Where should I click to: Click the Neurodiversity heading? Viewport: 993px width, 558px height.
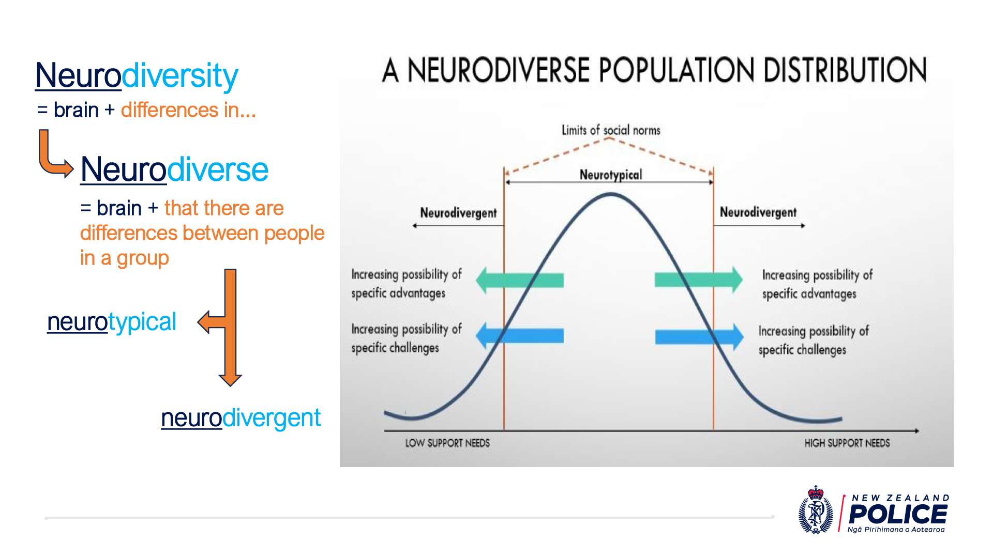pos(137,75)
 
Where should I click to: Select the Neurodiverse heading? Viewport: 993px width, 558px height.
pos(174,169)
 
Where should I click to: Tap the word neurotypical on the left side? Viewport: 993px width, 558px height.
pos(112,322)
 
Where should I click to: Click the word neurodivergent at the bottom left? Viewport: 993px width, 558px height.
pos(240,418)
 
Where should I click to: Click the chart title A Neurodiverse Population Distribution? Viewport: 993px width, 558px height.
pos(654,71)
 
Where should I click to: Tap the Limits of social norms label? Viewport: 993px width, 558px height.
pos(611,130)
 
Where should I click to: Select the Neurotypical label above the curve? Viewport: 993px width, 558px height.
pos(611,175)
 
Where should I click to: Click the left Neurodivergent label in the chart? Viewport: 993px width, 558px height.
pos(458,213)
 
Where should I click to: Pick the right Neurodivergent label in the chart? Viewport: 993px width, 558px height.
pos(758,212)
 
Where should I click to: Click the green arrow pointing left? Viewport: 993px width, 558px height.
pos(519,280)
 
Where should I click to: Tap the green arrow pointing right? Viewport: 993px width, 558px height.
pos(698,280)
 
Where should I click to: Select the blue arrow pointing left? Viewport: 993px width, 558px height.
pos(519,335)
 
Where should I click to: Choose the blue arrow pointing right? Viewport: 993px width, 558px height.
pos(699,337)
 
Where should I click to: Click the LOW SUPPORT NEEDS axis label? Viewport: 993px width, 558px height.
pos(447,443)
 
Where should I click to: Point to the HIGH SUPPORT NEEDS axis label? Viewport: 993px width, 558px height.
pos(847,443)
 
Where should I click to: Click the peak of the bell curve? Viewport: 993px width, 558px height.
pos(611,195)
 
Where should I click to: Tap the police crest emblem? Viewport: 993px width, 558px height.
pos(816,510)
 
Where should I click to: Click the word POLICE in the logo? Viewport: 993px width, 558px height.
pos(898,514)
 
